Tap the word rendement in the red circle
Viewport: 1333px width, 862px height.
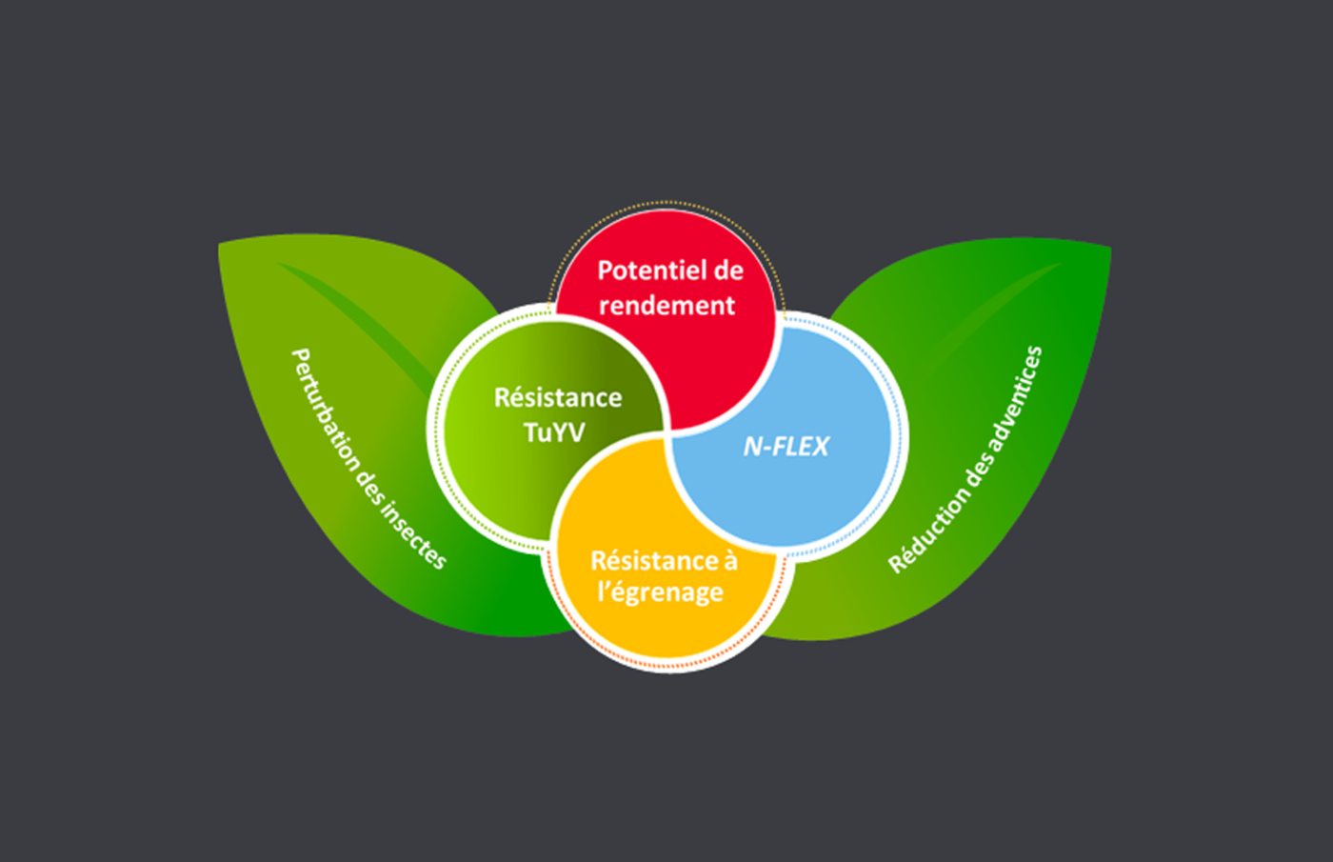pos(666,306)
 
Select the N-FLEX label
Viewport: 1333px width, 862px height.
pos(786,446)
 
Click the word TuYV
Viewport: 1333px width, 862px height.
pos(554,431)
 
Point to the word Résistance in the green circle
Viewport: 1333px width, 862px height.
pos(558,397)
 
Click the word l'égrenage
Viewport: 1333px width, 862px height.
pos(660,592)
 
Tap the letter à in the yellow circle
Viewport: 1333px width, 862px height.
pos(729,560)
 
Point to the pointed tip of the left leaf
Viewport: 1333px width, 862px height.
pos(221,245)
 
